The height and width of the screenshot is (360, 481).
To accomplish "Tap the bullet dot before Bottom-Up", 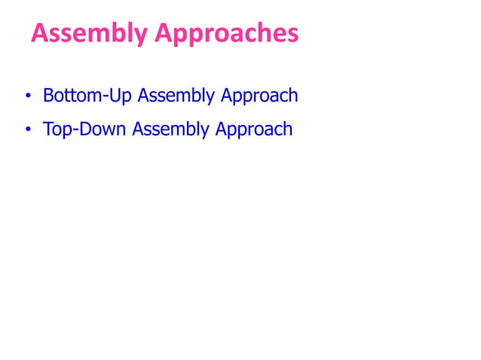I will tap(27, 98).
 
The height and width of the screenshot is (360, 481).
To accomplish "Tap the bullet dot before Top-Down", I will tap(27, 130).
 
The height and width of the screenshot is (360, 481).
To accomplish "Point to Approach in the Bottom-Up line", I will tap(257, 97).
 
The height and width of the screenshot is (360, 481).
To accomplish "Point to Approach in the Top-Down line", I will tap(254, 130).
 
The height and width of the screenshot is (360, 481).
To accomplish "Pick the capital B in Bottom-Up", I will tap(48, 96).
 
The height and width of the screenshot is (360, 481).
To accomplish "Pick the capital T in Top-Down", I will tap(47, 129).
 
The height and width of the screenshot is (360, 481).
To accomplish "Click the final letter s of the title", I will tap(293, 35).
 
